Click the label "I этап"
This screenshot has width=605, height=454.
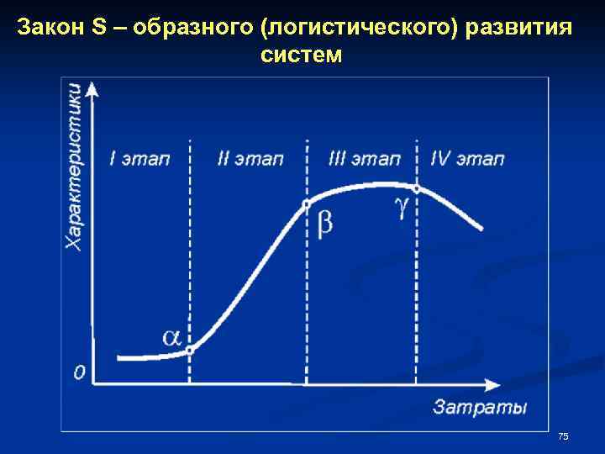coord(140,158)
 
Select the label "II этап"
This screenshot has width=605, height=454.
coord(250,158)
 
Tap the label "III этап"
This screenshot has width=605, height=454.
coord(364,158)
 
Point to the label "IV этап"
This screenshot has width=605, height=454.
coord(467,158)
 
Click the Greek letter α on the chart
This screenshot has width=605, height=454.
coord(171,337)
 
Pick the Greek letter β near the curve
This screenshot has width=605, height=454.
coord(324,224)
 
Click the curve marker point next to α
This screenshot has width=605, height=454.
coord(190,350)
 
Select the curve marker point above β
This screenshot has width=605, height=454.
coord(306,203)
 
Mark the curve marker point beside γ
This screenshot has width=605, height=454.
coord(416,188)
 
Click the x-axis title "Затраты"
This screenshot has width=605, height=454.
coord(480,408)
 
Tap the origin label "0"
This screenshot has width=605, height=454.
coord(79,371)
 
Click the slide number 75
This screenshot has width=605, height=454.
coord(563,436)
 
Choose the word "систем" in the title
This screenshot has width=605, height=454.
coord(302,55)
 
